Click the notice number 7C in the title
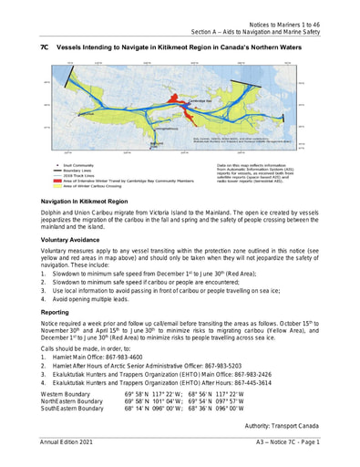point(42,44)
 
